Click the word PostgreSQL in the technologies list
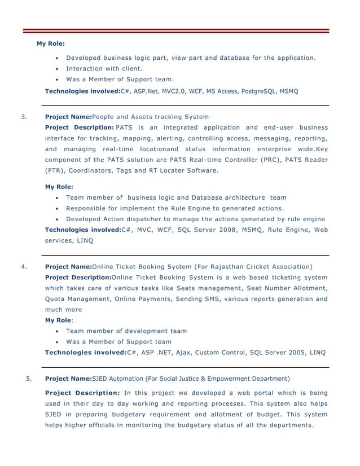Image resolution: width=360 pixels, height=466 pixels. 258,90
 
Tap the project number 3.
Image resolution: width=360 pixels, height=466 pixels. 23,117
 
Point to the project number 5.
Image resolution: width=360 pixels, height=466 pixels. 29,379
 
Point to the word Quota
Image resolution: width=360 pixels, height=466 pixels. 55,298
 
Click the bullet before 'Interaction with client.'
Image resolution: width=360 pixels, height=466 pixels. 58,69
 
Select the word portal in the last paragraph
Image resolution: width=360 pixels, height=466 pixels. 257,393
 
